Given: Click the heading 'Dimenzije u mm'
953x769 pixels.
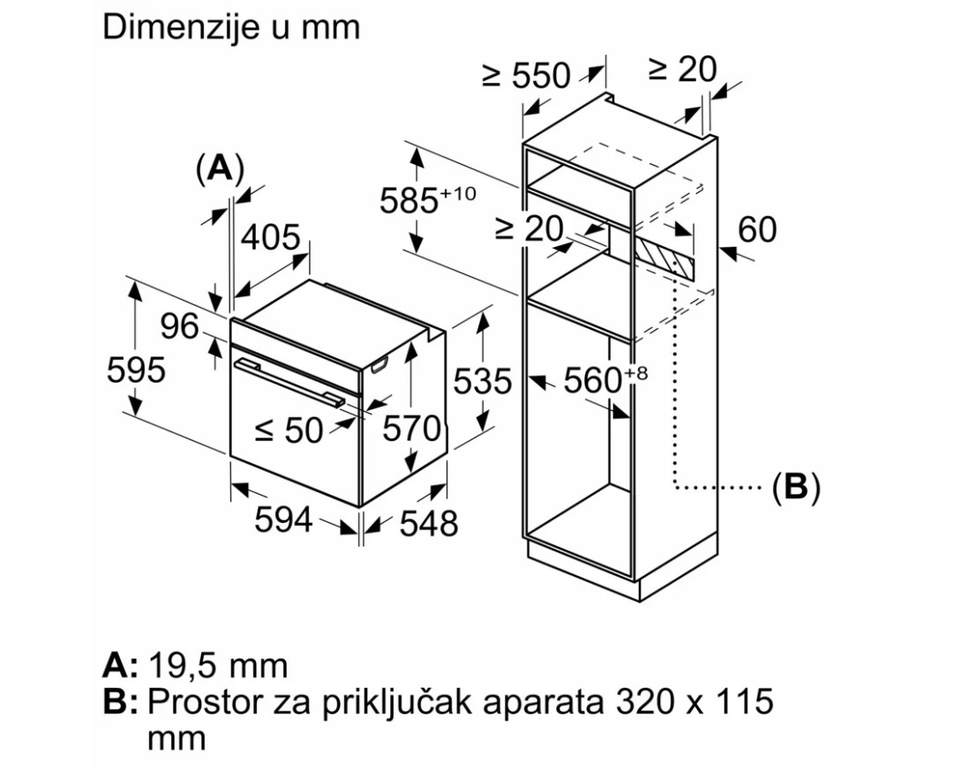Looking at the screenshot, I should [231, 26].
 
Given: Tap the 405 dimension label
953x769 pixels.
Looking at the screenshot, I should [271, 238].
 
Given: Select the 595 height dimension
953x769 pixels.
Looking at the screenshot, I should [136, 370].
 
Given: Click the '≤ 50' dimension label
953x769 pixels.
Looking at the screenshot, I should [289, 430].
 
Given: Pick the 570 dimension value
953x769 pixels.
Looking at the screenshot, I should [412, 429].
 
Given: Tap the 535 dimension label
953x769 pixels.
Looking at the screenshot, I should [482, 381].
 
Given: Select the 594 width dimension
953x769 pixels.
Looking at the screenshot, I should [283, 520].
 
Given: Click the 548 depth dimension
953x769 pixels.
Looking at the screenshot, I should [429, 524].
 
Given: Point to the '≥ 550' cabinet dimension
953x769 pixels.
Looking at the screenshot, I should [526, 76].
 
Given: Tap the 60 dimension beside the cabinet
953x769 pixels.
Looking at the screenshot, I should [757, 230].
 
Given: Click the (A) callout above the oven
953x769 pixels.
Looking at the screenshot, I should [219, 168].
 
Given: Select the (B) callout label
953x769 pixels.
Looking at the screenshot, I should [796, 487].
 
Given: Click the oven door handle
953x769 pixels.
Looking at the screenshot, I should [290, 381].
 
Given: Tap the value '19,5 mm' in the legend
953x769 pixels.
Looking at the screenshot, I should [219, 665].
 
